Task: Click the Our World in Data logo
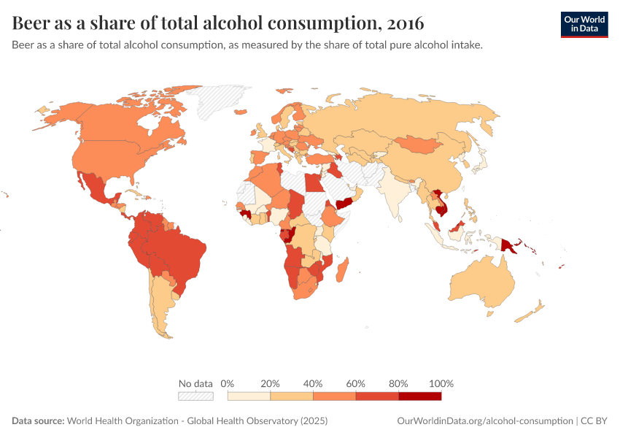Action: click(584, 24)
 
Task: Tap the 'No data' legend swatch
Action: click(196, 396)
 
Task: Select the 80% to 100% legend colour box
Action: click(420, 396)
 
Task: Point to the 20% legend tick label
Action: click(270, 383)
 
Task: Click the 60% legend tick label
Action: click(356, 383)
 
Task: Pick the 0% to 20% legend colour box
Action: click(249, 396)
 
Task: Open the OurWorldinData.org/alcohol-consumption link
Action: click(485, 421)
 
